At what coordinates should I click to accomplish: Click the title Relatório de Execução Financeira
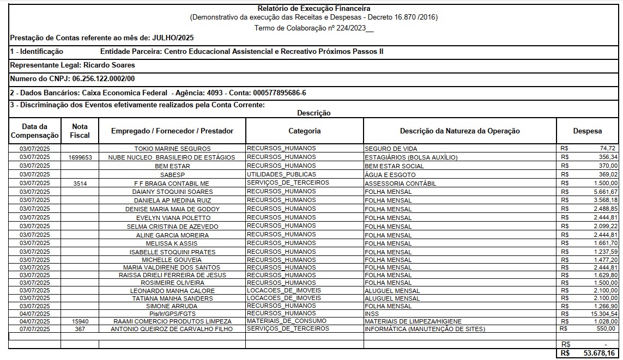(x=313, y=8)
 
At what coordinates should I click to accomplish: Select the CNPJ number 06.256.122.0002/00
(x=104, y=79)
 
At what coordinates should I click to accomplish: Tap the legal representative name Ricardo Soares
(x=109, y=65)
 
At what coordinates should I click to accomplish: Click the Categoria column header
(x=304, y=131)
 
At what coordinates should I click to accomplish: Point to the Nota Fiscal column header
(x=80, y=131)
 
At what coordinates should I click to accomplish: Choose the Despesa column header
(x=588, y=131)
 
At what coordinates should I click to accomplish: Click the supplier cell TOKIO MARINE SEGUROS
(x=172, y=148)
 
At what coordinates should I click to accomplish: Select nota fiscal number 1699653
(x=80, y=157)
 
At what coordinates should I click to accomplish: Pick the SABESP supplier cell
(x=172, y=174)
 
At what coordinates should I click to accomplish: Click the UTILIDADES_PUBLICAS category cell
(x=281, y=174)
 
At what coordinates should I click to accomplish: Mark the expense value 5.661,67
(x=606, y=192)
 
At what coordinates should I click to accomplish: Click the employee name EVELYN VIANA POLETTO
(x=172, y=218)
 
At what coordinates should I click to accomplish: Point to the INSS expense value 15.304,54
(x=604, y=314)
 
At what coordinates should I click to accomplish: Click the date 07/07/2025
(x=35, y=329)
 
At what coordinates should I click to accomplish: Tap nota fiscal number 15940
(x=80, y=321)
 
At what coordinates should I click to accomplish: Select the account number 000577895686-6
(x=281, y=93)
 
